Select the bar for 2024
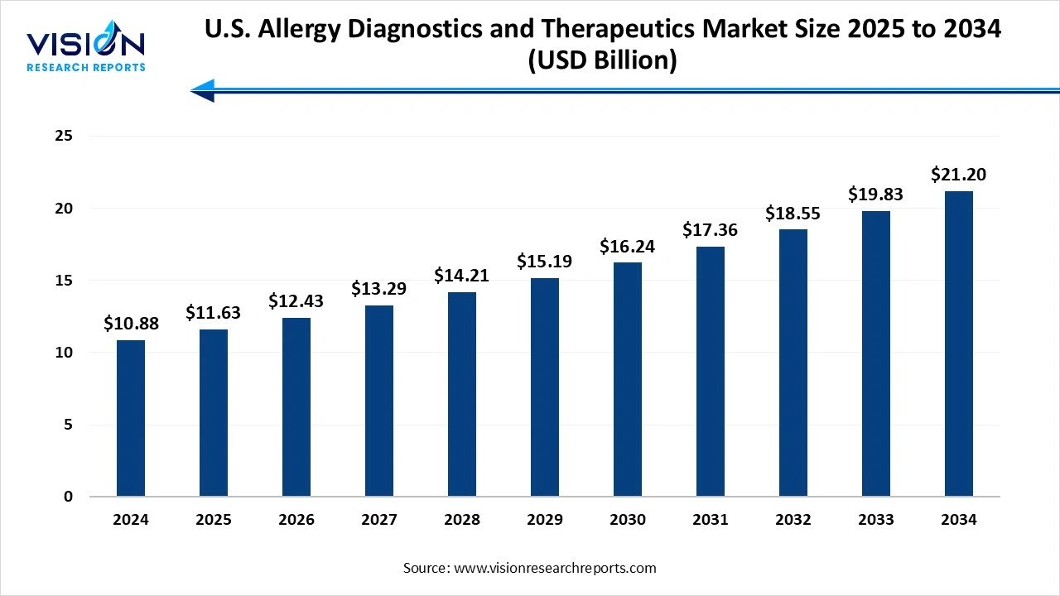[x=131, y=418]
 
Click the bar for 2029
[x=545, y=387]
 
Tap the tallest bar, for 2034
[x=959, y=344]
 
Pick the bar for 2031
[x=711, y=372]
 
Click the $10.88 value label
[x=131, y=324]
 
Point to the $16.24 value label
[x=628, y=246]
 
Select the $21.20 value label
[x=959, y=175]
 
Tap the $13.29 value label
[x=379, y=289]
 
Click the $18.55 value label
[x=793, y=213]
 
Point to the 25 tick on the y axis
[x=63, y=136]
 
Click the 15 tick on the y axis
[x=63, y=281]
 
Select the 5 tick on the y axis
[x=68, y=425]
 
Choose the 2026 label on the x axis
[x=296, y=520]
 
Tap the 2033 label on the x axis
[x=876, y=520]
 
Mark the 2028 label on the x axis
[x=462, y=520]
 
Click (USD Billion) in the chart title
[x=602, y=60]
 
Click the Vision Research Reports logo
[x=86, y=50]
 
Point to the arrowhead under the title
[x=203, y=90]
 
